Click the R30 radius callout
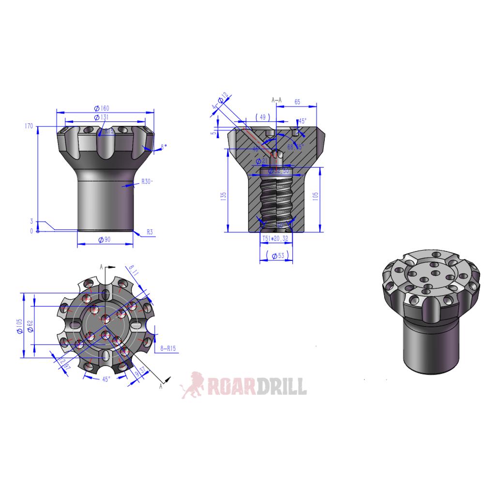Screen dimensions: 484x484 tap(147, 182)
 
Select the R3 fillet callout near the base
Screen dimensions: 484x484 tap(150, 233)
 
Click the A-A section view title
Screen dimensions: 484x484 tap(276, 100)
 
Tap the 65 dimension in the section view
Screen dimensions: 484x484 tap(297, 102)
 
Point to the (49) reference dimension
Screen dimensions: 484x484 tap(263, 118)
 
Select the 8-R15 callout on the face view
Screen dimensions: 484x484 tap(167, 348)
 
